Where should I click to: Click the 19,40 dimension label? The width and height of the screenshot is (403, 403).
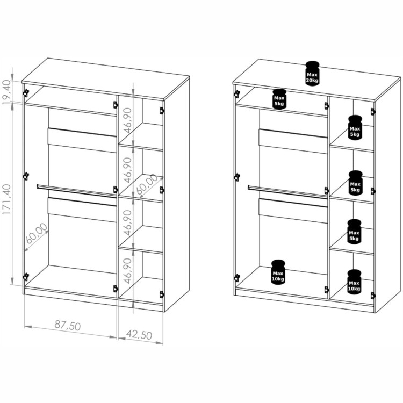6,92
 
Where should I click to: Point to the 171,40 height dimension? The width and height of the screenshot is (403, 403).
6,199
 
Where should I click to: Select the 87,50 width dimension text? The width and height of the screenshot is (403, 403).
68,326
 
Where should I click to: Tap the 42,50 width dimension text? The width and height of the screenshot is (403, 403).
139,335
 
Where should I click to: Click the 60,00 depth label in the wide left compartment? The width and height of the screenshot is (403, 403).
37,233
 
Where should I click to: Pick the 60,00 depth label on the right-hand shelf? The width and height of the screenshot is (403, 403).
147,184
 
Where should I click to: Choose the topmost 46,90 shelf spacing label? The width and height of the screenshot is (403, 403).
127,120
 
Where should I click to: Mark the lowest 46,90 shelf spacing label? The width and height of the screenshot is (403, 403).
127,271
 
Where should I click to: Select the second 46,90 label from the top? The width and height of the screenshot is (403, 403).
127,170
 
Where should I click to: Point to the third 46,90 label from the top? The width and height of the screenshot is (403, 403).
127,222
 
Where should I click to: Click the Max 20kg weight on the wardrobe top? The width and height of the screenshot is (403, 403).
312,74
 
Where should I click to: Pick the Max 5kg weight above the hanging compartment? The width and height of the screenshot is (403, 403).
279,99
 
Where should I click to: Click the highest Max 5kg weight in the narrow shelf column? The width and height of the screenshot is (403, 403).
355,128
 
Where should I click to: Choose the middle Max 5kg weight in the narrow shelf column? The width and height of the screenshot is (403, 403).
355,183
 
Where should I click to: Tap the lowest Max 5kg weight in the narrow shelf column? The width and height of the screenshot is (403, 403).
354,232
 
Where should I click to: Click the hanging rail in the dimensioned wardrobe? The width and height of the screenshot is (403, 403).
77,191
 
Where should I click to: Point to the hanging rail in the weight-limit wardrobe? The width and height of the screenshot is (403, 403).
287,191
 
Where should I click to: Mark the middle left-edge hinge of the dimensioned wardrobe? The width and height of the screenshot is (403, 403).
26,176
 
